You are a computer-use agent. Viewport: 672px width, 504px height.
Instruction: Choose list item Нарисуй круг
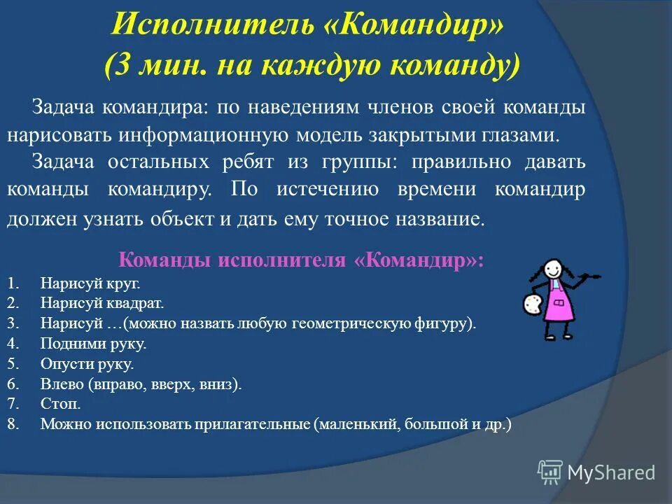(x=90, y=283)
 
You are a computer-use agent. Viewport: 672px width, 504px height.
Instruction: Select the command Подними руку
(x=93, y=344)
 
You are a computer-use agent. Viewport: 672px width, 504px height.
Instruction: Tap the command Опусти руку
(x=87, y=365)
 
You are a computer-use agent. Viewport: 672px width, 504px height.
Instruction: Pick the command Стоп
(x=60, y=405)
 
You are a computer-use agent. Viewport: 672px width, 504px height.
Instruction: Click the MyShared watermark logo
(x=597, y=472)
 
